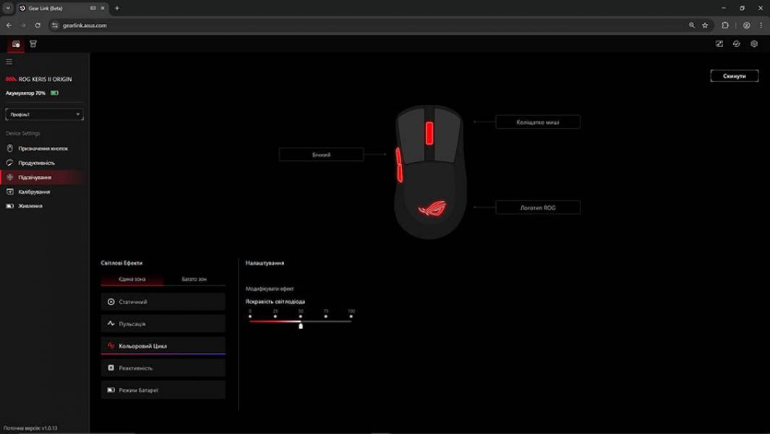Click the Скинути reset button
734,76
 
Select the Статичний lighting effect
163,302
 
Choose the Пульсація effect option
163,324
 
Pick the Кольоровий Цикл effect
163,346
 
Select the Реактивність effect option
163,368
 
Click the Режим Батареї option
163,390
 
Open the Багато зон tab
194,279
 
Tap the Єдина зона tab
132,279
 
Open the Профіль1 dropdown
44,114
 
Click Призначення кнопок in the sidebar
43,148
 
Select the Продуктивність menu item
36,163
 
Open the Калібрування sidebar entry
34,192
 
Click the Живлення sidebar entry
30,206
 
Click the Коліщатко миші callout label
537,122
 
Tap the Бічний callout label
321,155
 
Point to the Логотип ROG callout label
537,208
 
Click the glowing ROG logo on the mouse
432,209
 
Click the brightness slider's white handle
301,325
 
